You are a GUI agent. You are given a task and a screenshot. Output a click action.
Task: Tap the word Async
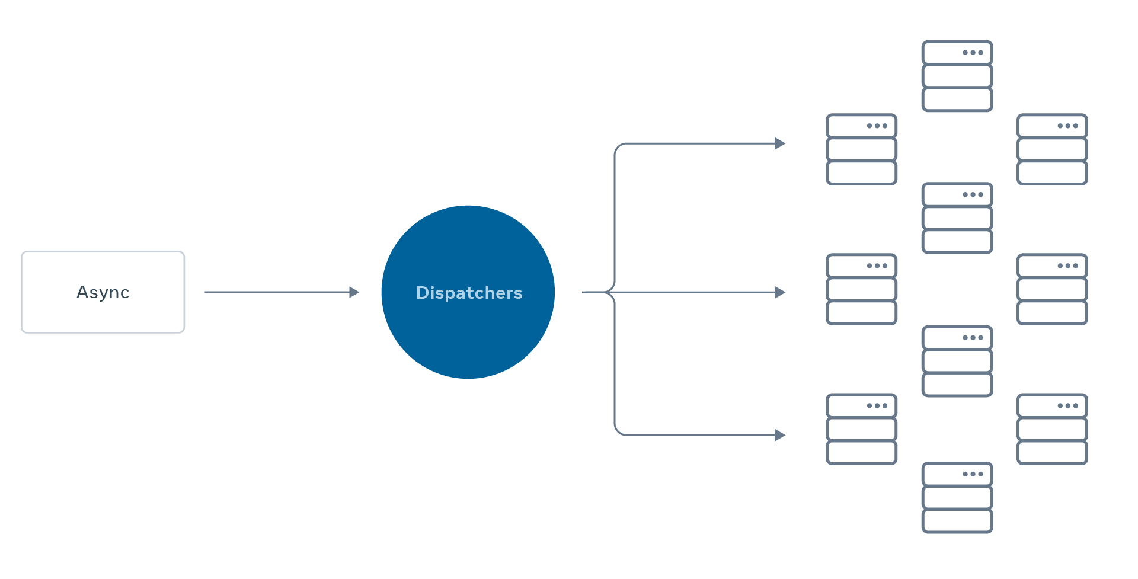(103, 292)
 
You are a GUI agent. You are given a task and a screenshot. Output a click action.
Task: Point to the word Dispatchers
(469, 293)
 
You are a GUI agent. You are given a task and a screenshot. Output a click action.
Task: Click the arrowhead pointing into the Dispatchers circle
(354, 292)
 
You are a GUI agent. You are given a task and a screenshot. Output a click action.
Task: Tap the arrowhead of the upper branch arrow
(780, 143)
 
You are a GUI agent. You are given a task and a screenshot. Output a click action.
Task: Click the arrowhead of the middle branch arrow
(780, 292)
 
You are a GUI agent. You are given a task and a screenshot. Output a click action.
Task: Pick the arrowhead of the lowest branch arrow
(780, 435)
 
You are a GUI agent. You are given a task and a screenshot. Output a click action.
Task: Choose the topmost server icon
(957, 76)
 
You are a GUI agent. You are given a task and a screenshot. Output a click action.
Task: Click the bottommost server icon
(957, 497)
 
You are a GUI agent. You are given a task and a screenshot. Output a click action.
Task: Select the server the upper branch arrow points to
(861, 149)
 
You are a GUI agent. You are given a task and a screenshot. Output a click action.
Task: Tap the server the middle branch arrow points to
(861, 289)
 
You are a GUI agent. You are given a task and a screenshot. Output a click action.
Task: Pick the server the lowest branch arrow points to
(861, 429)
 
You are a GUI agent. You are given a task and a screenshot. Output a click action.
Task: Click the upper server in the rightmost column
(1052, 149)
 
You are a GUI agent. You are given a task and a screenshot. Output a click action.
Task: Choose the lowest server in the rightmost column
(1052, 429)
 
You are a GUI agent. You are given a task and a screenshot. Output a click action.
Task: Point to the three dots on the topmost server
(973, 53)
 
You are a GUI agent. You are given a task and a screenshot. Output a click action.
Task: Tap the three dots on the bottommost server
(973, 474)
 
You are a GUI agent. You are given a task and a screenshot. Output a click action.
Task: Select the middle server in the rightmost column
(1052, 289)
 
